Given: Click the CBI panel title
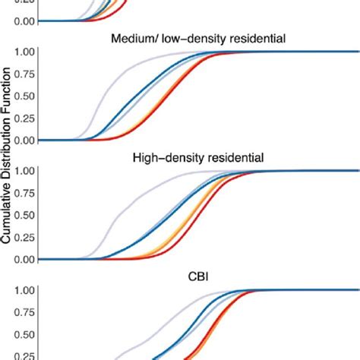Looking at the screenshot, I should [x=197, y=276].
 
